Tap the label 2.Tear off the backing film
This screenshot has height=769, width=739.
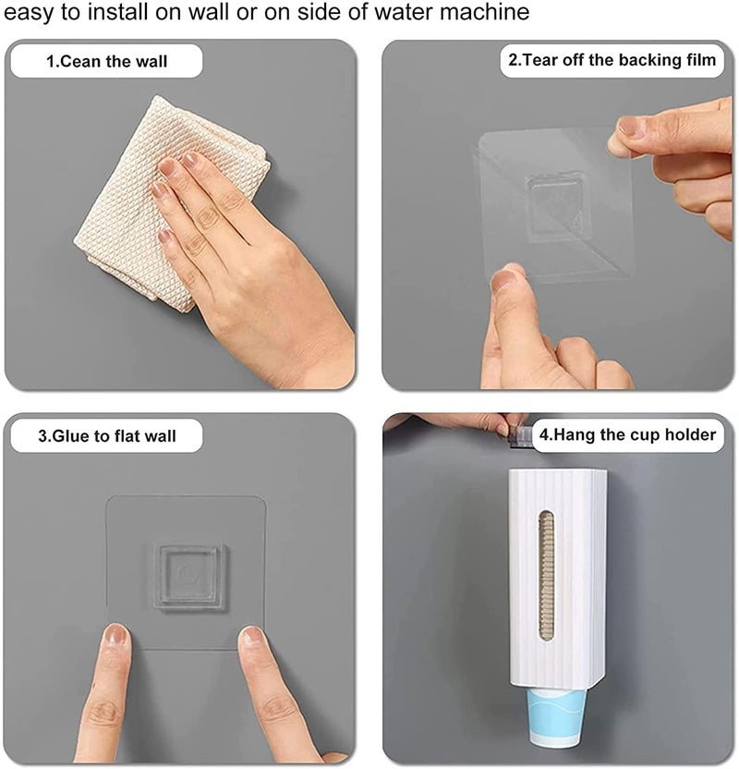(x=612, y=61)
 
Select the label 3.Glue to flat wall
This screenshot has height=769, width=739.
(x=107, y=434)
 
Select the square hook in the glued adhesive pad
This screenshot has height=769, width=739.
(x=187, y=579)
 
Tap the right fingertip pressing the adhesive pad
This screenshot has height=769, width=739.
(x=251, y=639)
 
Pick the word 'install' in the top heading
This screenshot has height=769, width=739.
(x=124, y=13)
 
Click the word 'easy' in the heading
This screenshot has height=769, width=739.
(x=29, y=13)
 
